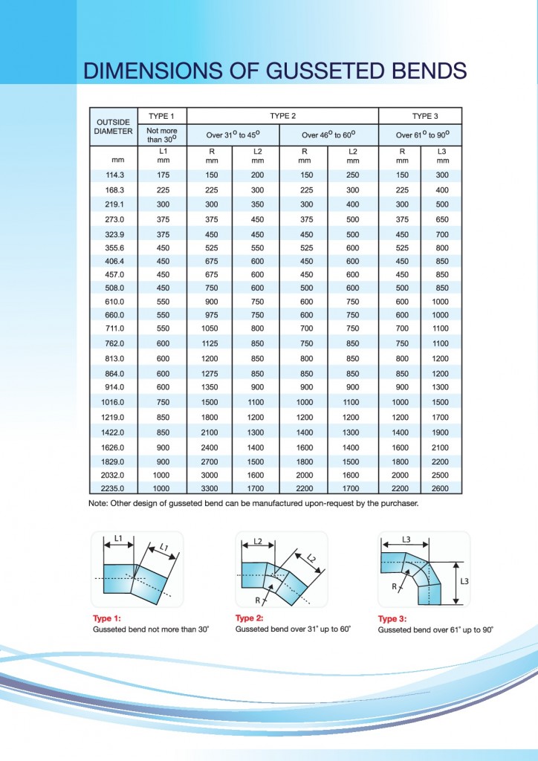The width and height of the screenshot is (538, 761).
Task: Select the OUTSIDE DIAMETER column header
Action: (x=114, y=126)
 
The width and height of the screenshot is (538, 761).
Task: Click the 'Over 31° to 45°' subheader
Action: (x=233, y=135)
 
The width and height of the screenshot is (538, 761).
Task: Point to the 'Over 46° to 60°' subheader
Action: (x=328, y=135)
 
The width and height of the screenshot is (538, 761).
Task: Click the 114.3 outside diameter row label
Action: (x=114, y=175)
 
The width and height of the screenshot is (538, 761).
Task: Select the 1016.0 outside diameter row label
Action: (x=114, y=402)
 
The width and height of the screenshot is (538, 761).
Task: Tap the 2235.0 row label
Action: (x=114, y=488)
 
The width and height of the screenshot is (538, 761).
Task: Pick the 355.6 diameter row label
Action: (x=114, y=247)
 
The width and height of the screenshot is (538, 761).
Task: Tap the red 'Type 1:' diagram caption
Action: (x=107, y=618)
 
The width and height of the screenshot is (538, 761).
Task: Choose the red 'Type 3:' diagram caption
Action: (x=392, y=619)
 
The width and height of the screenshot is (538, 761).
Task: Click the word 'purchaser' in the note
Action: (x=398, y=503)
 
